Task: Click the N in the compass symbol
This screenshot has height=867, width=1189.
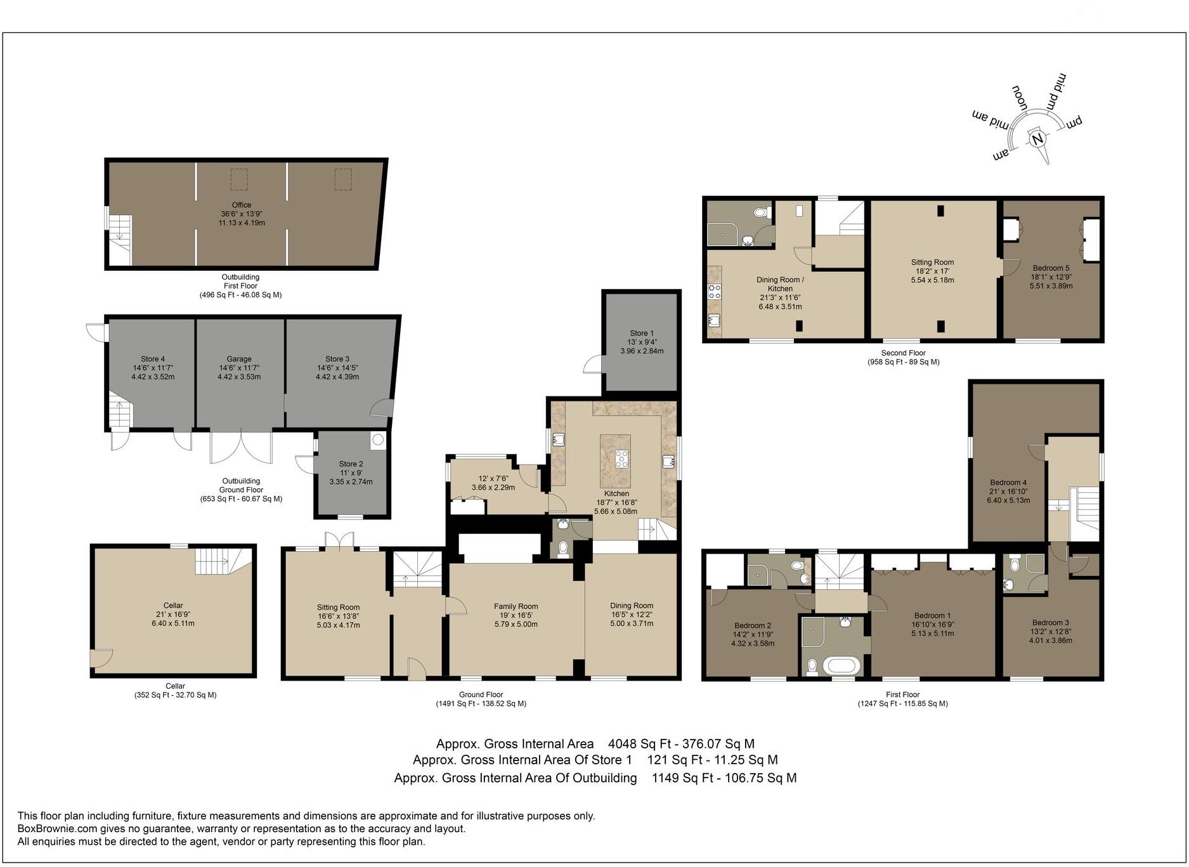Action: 1037,139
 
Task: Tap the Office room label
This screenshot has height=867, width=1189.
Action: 242,205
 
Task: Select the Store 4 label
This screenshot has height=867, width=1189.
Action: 153,359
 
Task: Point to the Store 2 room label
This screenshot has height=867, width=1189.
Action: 351,464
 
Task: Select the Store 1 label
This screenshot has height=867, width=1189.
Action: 642,333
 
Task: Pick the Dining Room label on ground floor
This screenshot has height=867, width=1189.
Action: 632,606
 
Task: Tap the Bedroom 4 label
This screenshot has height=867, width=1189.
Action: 1008,483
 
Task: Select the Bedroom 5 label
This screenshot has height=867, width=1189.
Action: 1051,268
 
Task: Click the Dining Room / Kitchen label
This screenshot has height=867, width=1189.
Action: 780,284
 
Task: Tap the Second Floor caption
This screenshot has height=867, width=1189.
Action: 903,353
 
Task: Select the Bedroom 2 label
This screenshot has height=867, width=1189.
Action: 753,625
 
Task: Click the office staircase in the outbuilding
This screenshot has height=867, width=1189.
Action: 119,238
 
